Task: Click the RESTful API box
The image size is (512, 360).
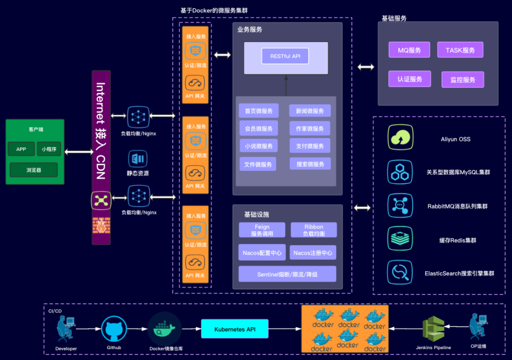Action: (x=285, y=56)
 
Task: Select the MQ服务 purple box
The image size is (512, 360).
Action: (x=409, y=50)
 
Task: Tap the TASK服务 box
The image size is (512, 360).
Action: (x=460, y=50)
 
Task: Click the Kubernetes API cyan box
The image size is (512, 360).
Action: (x=235, y=329)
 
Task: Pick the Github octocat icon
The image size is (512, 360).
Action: (x=114, y=329)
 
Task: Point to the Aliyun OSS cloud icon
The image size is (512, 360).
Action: (x=400, y=137)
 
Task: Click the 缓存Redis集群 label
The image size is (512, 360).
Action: (x=457, y=240)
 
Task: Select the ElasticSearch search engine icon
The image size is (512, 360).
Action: (x=400, y=272)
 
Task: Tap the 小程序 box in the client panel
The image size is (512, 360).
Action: (x=49, y=149)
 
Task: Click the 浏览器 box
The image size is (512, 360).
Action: (x=34, y=170)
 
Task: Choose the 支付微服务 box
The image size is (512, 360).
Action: (x=310, y=146)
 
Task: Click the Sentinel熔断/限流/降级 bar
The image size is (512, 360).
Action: (x=287, y=274)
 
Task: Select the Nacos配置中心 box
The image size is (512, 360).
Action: (x=262, y=252)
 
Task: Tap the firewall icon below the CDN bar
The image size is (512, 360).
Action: (x=101, y=225)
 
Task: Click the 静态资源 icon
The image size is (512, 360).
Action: (x=138, y=159)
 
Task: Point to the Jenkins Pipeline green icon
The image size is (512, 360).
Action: (x=434, y=329)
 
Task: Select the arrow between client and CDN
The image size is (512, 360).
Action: (x=79, y=152)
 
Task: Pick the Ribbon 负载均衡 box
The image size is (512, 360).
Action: (x=314, y=230)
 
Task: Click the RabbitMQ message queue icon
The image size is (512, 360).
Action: (x=400, y=205)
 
